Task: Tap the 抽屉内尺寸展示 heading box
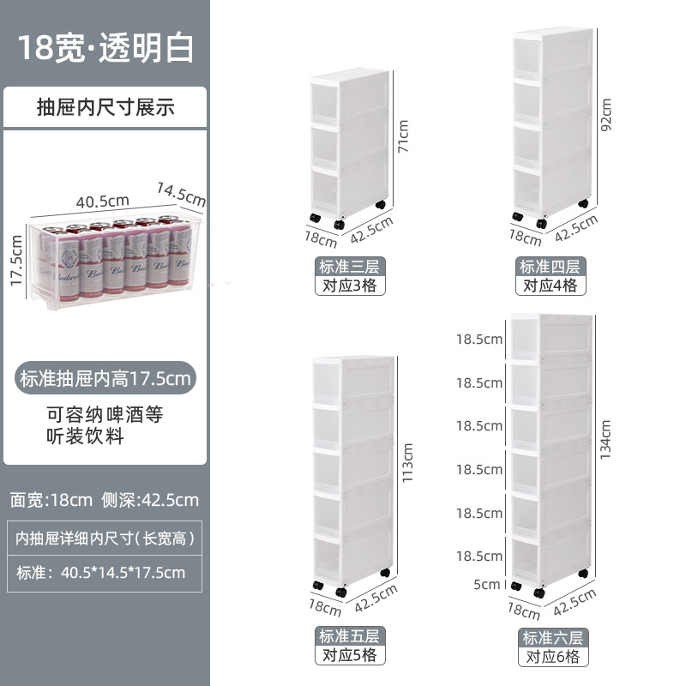coord(105,107)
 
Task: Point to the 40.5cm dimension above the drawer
coord(102,202)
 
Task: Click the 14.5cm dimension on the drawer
coord(181,192)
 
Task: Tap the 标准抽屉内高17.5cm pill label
coord(105,377)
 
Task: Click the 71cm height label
coord(403,135)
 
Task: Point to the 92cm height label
coord(606,115)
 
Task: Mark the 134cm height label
coord(607,439)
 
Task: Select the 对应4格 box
coord(550,286)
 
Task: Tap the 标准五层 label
coord(349,636)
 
